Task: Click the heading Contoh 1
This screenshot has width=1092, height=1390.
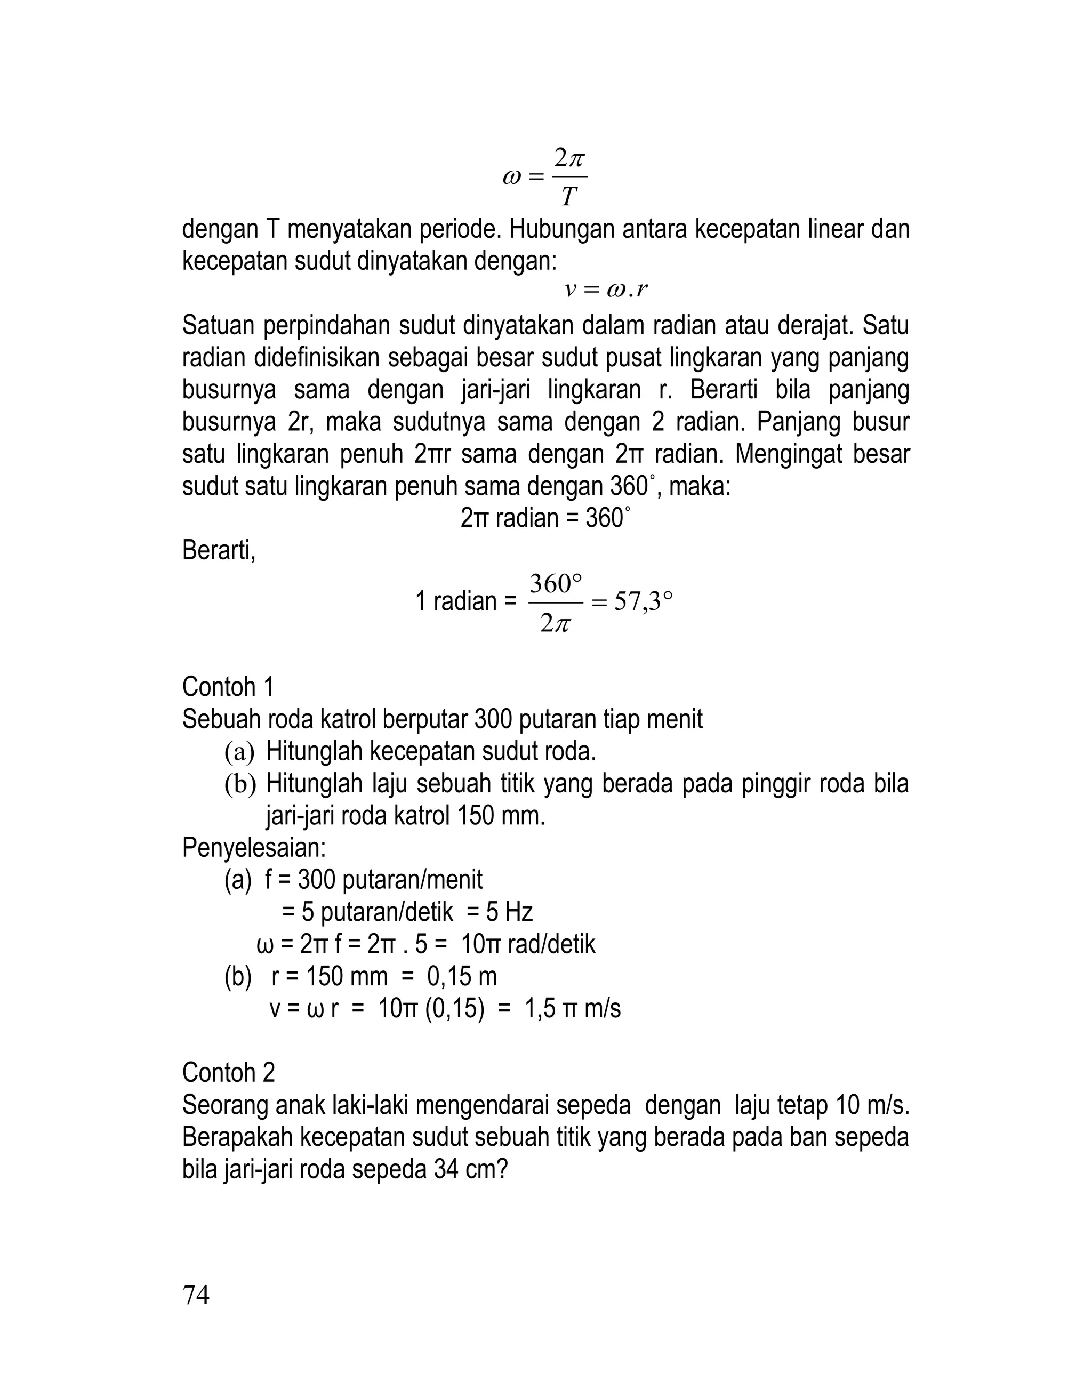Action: click(228, 687)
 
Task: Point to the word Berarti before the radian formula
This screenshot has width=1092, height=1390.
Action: click(219, 550)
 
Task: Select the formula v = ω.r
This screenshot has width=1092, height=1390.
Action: click(606, 290)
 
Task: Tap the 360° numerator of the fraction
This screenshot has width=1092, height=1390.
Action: click(556, 584)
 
